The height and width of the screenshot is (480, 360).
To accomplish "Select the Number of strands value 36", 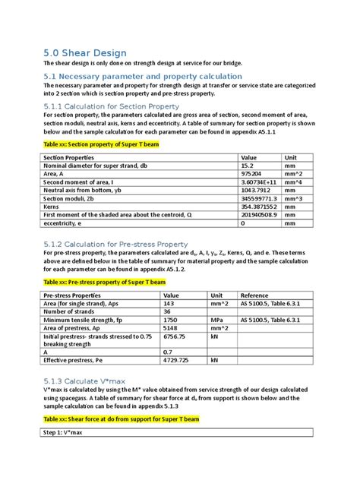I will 168,312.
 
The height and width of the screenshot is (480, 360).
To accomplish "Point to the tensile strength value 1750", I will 171,321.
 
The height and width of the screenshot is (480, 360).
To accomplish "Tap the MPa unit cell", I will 218,321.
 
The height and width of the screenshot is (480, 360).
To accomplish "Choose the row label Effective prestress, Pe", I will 74,360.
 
